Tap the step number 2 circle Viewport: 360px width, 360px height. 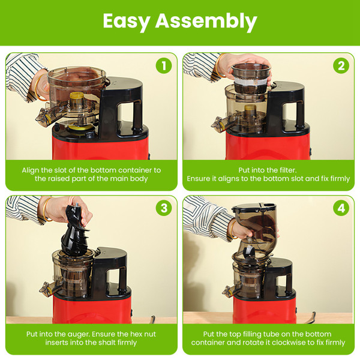(x=341, y=65)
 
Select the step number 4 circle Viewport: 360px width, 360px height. (x=341, y=208)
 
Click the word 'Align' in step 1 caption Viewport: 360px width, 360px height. (x=32, y=170)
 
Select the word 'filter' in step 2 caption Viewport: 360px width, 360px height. (x=286, y=170)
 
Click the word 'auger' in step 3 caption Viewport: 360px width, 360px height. (x=79, y=333)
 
